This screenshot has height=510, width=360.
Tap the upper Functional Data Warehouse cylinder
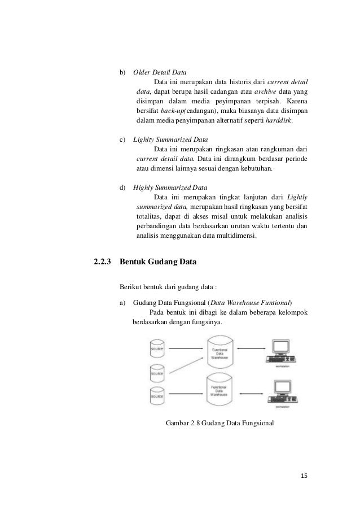[x=221, y=352]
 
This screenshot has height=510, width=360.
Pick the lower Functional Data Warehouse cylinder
[x=221, y=389]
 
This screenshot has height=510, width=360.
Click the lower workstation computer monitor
[x=280, y=388]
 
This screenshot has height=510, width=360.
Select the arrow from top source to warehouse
[x=186, y=348]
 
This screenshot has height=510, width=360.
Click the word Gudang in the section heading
[x=163, y=262]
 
